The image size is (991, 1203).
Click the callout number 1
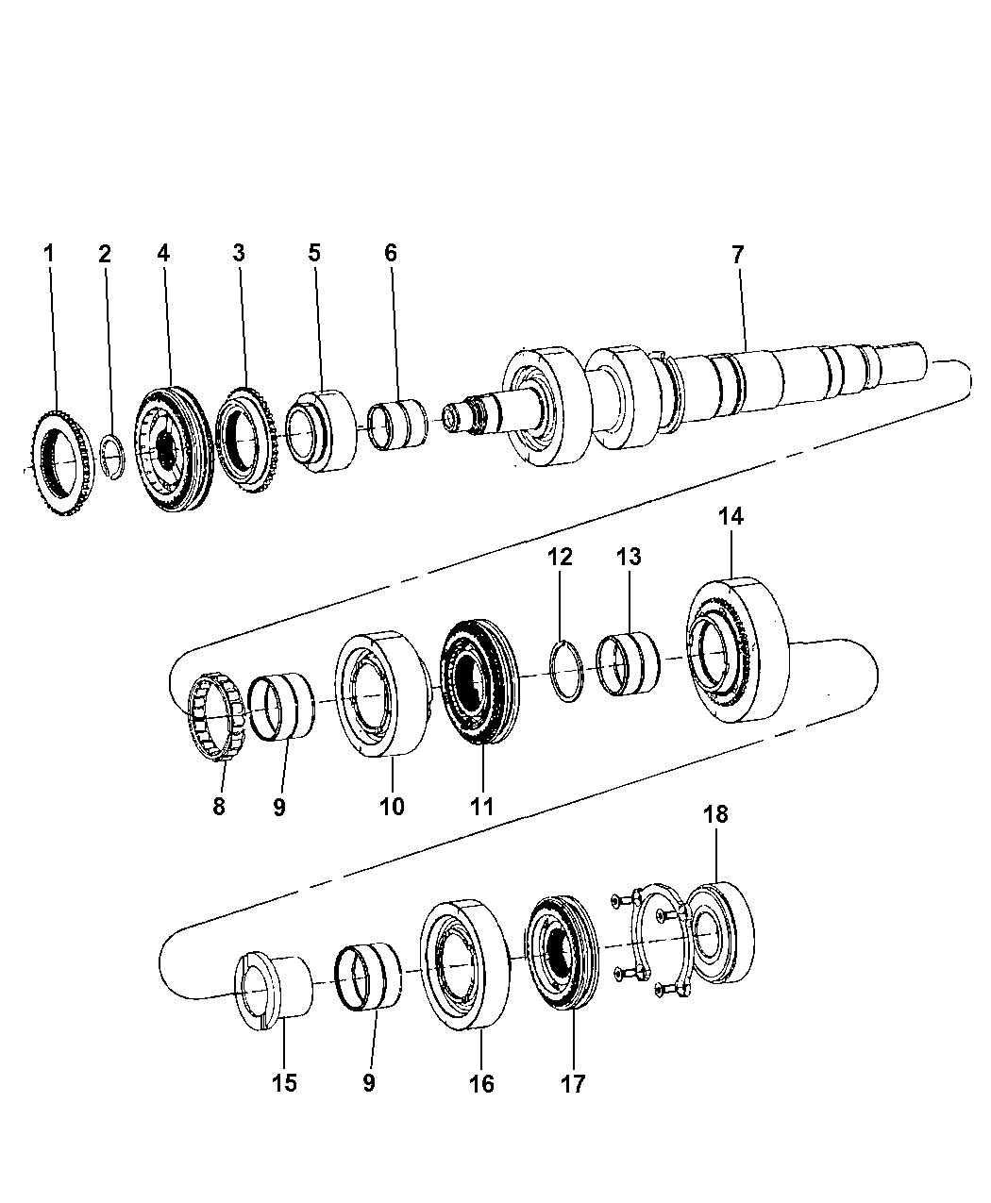(49, 253)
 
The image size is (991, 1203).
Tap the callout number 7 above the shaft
(737, 254)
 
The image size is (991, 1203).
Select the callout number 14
(731, 516)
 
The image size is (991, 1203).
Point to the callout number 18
(716, 814)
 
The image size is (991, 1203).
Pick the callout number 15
(284, 1083)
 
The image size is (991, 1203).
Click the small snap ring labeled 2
(112, 453)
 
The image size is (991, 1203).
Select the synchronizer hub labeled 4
(172, 450)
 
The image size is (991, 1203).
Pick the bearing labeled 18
(721, 935)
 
